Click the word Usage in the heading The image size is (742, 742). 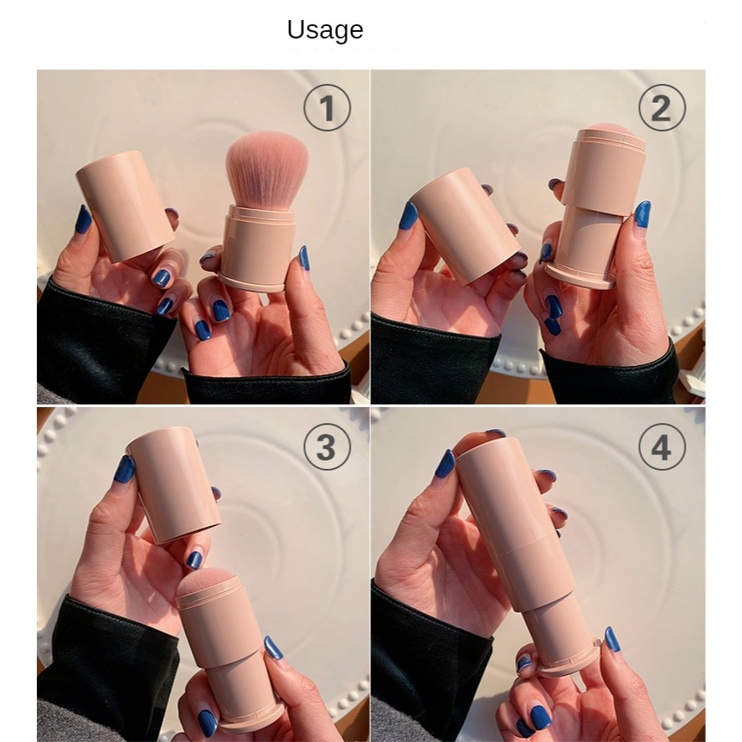[x=325, y=30]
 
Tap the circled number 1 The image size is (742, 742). [x=327, y=107]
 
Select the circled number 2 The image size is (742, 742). [x=662, y=107]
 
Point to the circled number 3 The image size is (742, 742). [x=327, y=446]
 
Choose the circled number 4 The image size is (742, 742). [x=662, y=446]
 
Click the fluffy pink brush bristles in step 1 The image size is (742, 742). [x=267, y=169]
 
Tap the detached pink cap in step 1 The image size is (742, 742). [x=125, y=206]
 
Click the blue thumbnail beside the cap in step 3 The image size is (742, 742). [x=126, y=468]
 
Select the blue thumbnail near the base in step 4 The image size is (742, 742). [x=611, y=639]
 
